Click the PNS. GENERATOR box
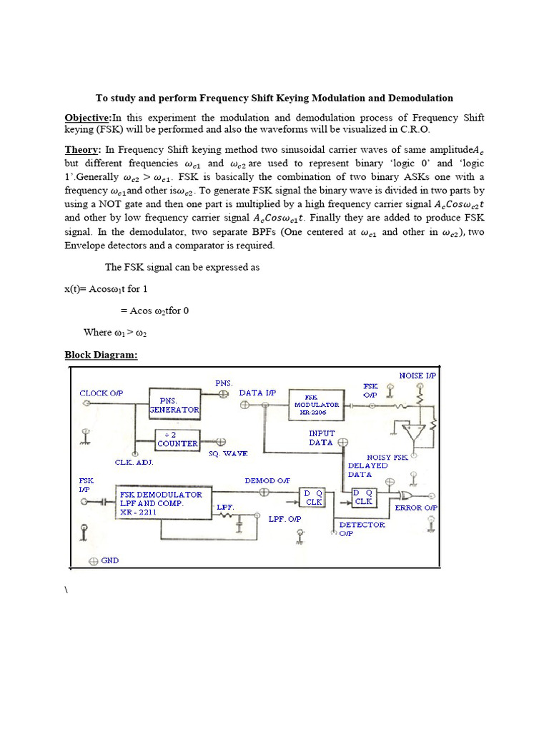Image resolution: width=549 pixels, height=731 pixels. click(x=174, y=405)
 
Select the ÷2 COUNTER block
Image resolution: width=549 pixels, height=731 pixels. click(x=177, y=439)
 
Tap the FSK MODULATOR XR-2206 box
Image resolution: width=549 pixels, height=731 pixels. click(x=316, y=404)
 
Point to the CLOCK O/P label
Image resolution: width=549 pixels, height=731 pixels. click(x=102, y=393)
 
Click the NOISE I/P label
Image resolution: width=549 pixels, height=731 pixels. click(x=417, y=375)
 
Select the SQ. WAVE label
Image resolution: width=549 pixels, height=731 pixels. click(x=228, y=453)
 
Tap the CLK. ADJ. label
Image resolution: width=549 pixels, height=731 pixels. click(x=134, y=462)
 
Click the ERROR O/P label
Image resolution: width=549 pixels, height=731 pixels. click(x=417, y=508)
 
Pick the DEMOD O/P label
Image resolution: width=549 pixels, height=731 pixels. click(x=264, y=480)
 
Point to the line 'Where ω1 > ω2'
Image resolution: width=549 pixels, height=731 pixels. click(x=115, y=332)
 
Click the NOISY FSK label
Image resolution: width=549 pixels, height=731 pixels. click(x=387, y=457)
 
